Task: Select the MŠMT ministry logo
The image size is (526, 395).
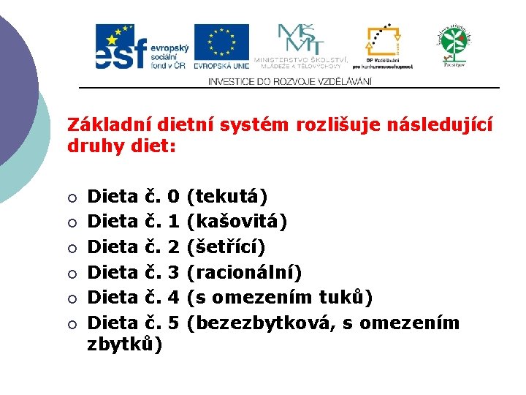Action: (x=300, y=46)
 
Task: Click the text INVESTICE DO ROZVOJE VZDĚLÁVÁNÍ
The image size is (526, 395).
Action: (x=290, y=81)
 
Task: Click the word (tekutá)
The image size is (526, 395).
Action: (x=227, y=197)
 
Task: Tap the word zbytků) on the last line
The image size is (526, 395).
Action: (x=125, y=343)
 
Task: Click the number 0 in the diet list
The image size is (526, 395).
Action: (x=173, y=197)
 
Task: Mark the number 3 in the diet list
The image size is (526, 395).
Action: (x=173, y=272)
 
